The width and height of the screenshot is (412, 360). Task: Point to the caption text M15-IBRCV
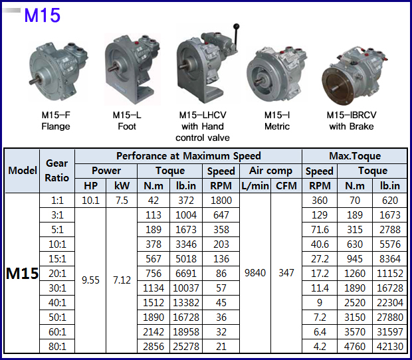pyautogui.click(x=352, y=115)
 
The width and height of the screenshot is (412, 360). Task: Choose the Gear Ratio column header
pyautogui.click(x=57, y=171)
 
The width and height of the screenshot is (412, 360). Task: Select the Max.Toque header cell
pyautogui.click(x=355, y=155)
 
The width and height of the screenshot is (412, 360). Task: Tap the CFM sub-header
pyautogui.click(x=286, y=186)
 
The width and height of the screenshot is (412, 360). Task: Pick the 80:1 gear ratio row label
pyautogui.click(x=57, y=345)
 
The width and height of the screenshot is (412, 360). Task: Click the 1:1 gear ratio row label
pyautogui.click(x=57, y=201)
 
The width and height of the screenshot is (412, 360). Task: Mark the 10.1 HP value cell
pyautogui.click(x=90, y=201)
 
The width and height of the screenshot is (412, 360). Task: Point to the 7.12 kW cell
pyautogui.click(x=122, y=280)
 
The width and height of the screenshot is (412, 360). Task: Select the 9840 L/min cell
pyautogui.click(x=255, y=273)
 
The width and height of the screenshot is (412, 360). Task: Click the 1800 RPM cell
pyautogui.click(x=221, y=201)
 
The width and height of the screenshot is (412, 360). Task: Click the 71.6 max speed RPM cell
pyautogui.click(x=319, y=229)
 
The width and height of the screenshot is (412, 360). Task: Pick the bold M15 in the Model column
pyautogui.click(x=22, y=273)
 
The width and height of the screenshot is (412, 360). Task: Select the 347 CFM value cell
pyautogui.click(x=286, y=273)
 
